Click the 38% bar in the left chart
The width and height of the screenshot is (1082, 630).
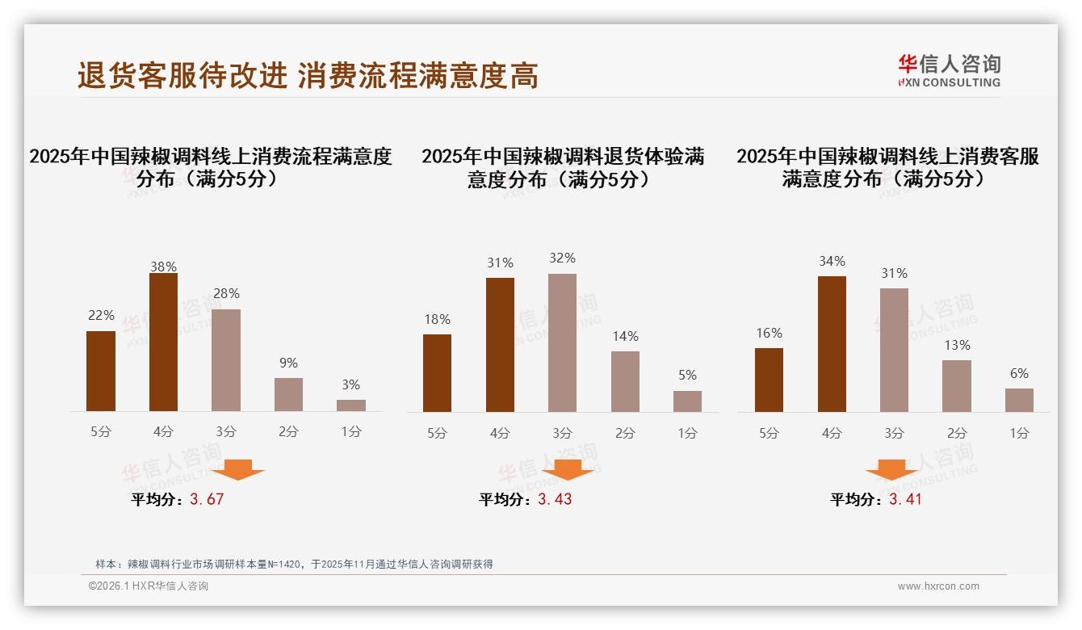coord(163,342)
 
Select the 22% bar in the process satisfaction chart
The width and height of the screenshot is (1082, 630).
coord(101,372)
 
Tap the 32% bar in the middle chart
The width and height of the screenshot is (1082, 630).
coord(562,343)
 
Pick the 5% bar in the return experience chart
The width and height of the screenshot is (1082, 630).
coord(687,401)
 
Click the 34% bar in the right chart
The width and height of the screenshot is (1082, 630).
coord(832,344)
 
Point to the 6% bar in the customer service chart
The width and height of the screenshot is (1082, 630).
coord(1019,400)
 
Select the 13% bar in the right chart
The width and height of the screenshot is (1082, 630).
coord(957,386)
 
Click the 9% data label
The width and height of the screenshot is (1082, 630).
coord(288,363)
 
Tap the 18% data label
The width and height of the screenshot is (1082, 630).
coord(437,320)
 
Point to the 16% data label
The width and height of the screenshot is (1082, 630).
coord(769,334)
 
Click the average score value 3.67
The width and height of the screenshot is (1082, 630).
coord(207,499)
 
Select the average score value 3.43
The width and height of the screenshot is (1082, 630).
coord(555,499)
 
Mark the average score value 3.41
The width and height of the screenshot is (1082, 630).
coord(905,499)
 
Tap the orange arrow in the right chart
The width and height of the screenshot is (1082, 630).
coord(891,469)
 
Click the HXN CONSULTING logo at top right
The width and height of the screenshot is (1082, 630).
coord(949,71)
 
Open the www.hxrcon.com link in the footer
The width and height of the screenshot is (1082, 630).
coord(938,586)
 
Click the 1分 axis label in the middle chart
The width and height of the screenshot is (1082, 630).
coord(687,434)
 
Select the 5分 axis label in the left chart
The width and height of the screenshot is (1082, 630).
coord(101,432)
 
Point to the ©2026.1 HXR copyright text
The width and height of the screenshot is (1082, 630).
coord(148,586)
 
